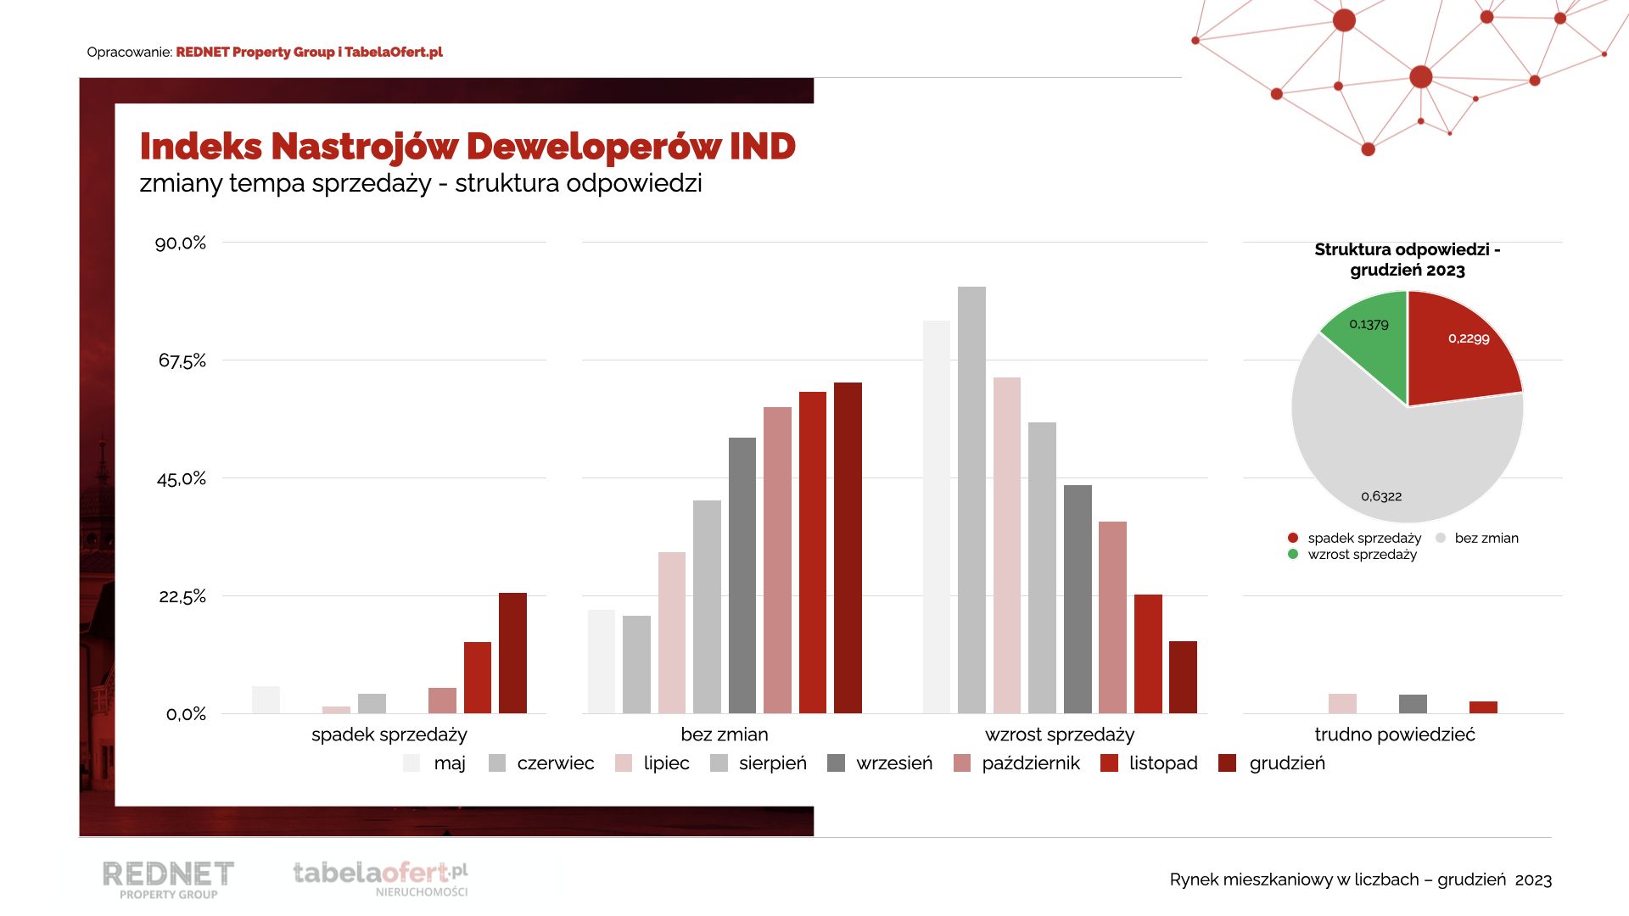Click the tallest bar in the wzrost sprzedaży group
point(971,500)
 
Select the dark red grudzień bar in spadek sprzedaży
point(512,652)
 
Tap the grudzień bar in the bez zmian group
point(848,547)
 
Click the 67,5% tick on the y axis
point(182,360)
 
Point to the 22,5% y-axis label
point(182,596)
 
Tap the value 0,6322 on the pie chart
point(1381,496)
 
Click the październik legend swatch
point(962,763)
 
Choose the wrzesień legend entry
point(893,763)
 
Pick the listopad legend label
point(1163,763)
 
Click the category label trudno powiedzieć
point(1395,734)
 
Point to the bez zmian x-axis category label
point(725,734)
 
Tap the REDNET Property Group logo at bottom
point(168,879)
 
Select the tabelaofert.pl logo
point(380,877)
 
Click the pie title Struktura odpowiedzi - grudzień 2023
point(1408,260)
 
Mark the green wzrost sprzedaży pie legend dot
point(1293,555)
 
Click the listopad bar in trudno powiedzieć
point(1483,707)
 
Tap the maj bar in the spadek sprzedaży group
point(266,700)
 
